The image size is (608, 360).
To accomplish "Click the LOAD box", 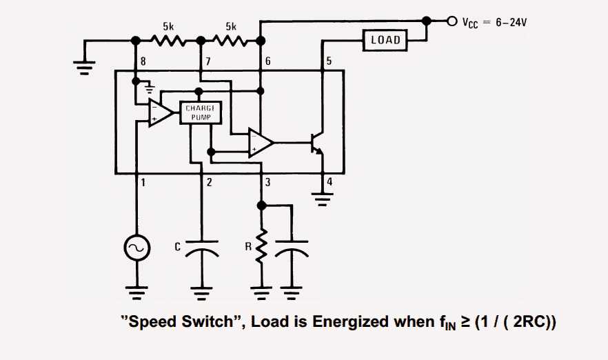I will (x=385, y=41).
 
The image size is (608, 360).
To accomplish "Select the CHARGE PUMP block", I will (x=201, y=113).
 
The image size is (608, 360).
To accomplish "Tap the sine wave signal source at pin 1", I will (x=136, y=249).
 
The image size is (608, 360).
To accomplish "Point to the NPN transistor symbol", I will (x=317, y=143).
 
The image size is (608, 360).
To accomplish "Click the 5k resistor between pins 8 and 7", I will (x=168, y=41).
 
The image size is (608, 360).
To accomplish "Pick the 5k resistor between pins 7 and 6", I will (x=231, y=41).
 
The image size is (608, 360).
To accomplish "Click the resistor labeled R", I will (x=261, y=248).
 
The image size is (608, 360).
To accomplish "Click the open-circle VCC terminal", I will (x=452, y=21).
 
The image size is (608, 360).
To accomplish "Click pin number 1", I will (x=143, y=183).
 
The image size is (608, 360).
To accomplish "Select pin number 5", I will (x=329, y=61).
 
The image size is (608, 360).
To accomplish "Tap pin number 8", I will (x=143, y=61).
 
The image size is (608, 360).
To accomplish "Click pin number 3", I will (x=267, y=183).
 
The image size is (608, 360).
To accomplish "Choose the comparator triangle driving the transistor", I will (x=261, y=143).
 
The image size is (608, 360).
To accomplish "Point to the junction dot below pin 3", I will (x=261, y=206).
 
